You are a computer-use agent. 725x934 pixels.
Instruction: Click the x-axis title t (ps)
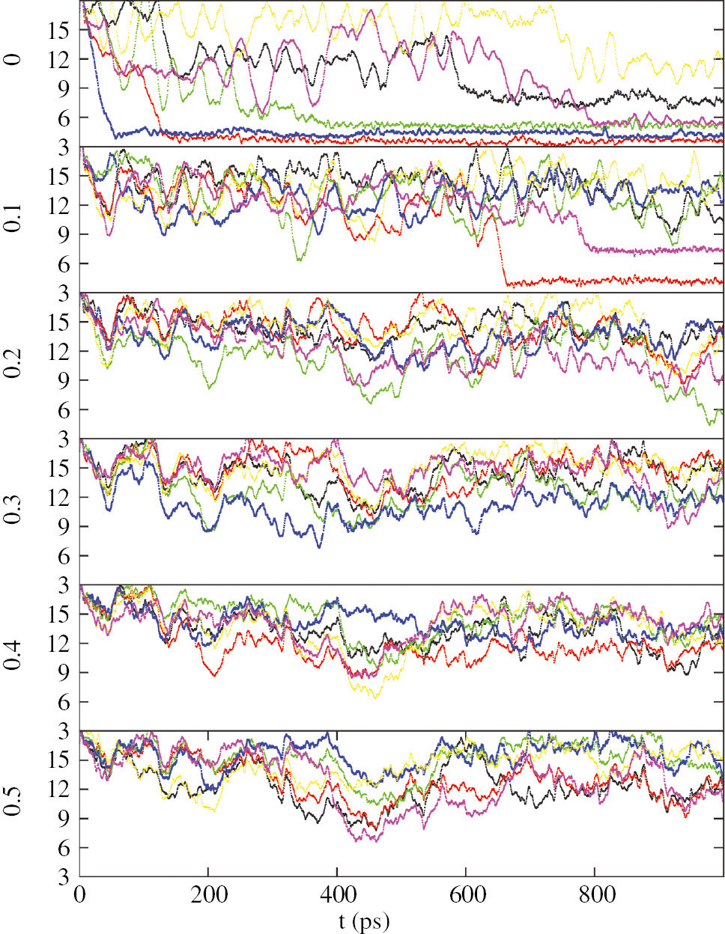click(364, 921)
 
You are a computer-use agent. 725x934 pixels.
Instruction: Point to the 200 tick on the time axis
click(208, 894)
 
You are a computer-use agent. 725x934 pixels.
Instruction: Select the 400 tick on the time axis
click(337, 894)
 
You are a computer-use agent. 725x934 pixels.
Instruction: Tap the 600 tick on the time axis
click(466, 894)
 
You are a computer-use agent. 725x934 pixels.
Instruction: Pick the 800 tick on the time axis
click(595, 894)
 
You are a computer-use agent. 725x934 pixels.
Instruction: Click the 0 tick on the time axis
click(80, 894)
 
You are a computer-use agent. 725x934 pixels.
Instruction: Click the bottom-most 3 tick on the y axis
click(62, 876)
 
